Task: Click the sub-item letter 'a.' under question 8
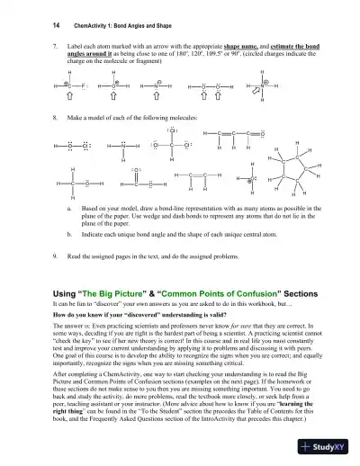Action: [x=69, y=206]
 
